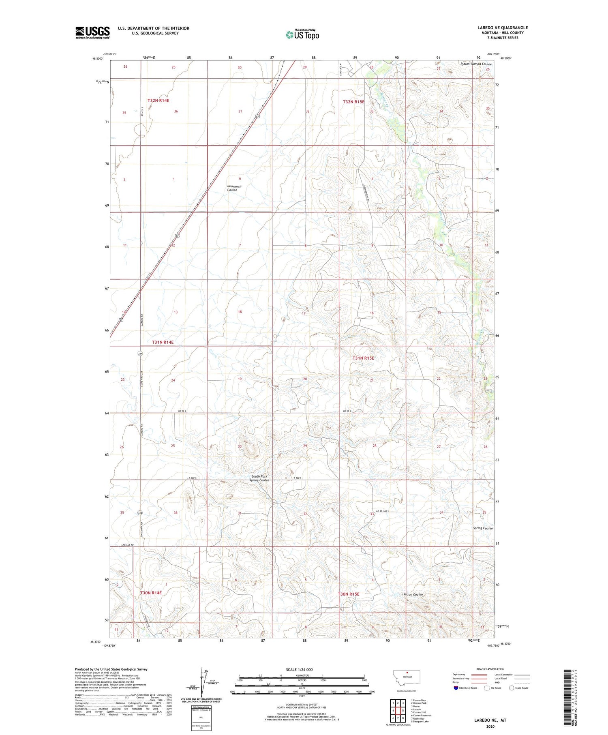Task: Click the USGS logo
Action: pyautogui.click(x=92, y=32)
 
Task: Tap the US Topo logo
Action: pyautogui.click(x=302, y=34)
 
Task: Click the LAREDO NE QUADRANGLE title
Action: pyautogui.click(x=502, y=28)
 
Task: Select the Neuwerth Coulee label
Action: pyautogui.click(x=234, y=188)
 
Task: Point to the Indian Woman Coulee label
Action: pyautogui.click(x=476, y=64)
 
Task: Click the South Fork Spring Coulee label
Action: pyautogui.click(x=260, y=478)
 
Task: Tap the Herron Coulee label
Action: pyautogui.click(x=412, y=594)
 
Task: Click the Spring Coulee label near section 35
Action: pyautogui.click(x=483, y=528)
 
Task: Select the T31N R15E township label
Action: pyautogui.click(x=363, y=358)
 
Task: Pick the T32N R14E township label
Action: pyautogui.click(x=158, y=100)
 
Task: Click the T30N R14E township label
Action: pyautogui.click(x=151, y=593)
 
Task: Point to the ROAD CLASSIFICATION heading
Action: pyautogui.click(x=490, y=669)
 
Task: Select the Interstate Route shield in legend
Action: pyautogui.click(x=456, y=688)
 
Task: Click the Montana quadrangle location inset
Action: pyautogui.click(x=407, y=678)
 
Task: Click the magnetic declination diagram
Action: pyautogui.click(x=201, y=684)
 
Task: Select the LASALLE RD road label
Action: pyautogui.click(x=127, y=544)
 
